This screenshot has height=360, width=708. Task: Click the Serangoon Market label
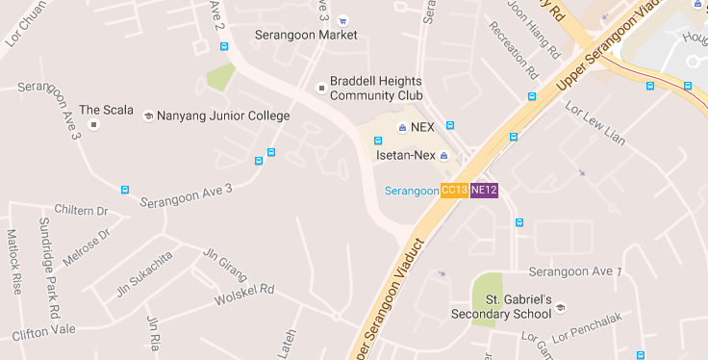pyautogui.click(x=305, y=35)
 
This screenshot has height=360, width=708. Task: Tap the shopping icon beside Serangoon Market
pyautogui.click(x=343, y=20)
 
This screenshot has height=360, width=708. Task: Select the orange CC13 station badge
pyautogui.click(x=454, y=191)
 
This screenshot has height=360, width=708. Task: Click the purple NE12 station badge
pyautogui.click(x=484, y=191)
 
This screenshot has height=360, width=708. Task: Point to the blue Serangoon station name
pyautogui.click(x=411, y=191)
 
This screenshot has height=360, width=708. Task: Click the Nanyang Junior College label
pyautogui.click(x=222, y=116)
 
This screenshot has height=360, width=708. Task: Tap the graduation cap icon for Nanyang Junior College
pyautogui.click(x=148, y=116)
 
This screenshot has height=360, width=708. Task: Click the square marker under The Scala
pyautogui.click(x=93, y=124)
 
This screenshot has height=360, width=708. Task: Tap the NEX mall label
pyautogui.click(x=421, y=127)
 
